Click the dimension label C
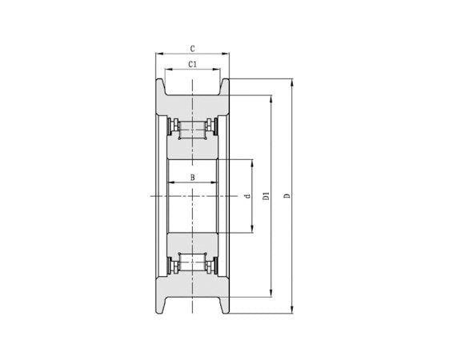click(x=192, y=49)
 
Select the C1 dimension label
click(x=192, y=64)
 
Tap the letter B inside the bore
click(x=192, y=178)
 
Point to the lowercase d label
click(x=247, y=196)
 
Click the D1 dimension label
click(x=267, y=196)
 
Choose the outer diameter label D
click(x=287, y=196)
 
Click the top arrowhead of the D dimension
click(x=292, y=82)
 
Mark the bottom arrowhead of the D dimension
click(x=292, y=310)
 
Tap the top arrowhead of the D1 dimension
click(x=271, y=100)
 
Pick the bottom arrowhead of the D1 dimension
click(x=271, y=293)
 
